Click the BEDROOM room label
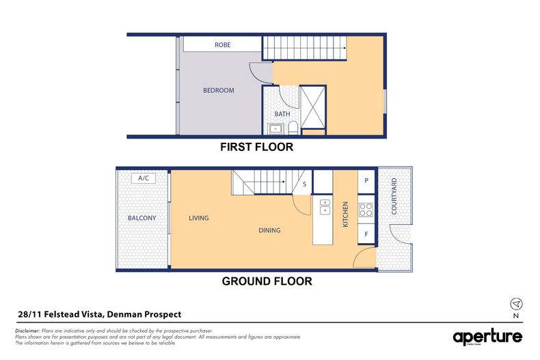219,90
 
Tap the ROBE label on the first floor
223,45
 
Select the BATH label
282,114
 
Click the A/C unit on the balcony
144,178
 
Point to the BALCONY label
142,219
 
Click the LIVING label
199,219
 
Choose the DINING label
269,230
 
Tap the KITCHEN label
346,214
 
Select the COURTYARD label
394,197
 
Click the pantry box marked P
366,181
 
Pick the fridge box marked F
366,234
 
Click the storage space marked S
303,184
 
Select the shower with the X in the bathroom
314,107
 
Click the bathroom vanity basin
277,128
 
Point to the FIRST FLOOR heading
256,147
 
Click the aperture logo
487,337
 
